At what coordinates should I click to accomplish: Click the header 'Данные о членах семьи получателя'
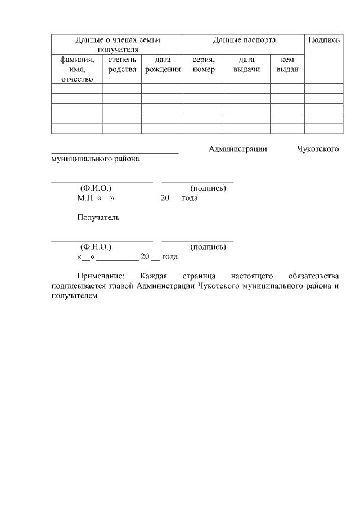(x=118, y=44)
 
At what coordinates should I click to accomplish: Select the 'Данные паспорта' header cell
(x=244, y=40)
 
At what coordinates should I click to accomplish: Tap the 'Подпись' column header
(x=323, y=40)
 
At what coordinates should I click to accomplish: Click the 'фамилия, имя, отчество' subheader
(x=77, y=69)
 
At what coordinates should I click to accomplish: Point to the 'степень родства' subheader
(x=122, y=64)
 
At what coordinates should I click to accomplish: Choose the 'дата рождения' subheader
(x=163, y=64)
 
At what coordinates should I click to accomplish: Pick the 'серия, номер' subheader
(x=204, y=64)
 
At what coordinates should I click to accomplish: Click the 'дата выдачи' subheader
(x=246, y=64)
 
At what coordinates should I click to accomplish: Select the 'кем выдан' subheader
(x=287, y=64)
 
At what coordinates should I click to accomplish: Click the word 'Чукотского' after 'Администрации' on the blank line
(x=317, y=149)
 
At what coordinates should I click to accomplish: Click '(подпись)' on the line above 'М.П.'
(x=208, y=188)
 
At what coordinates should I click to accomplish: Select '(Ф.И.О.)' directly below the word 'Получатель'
(x=96, y=247)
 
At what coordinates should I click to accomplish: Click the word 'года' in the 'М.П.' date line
(x=190, y=198)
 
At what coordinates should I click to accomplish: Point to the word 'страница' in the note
(x=200, y=277)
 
